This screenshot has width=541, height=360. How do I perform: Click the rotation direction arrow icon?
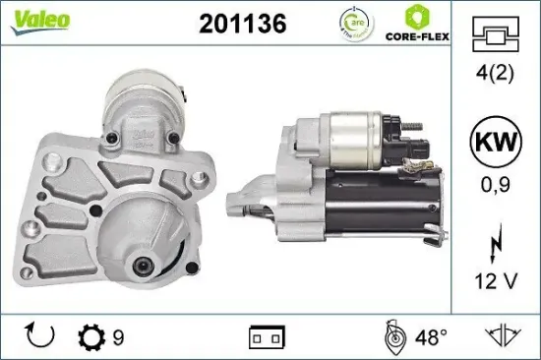(40, 337)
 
